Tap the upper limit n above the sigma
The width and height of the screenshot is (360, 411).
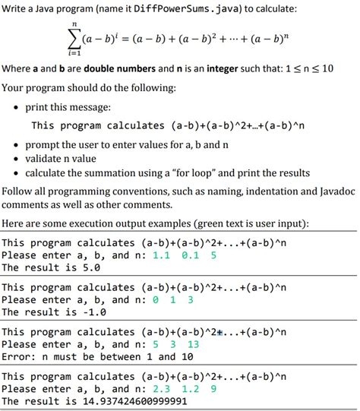point(74,24)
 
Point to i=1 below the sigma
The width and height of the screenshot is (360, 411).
point(74,55)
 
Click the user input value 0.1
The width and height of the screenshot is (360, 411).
point(191,255)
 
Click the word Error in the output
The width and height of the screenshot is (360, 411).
point(17,356)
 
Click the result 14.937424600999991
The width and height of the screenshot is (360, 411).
point(158,400)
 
